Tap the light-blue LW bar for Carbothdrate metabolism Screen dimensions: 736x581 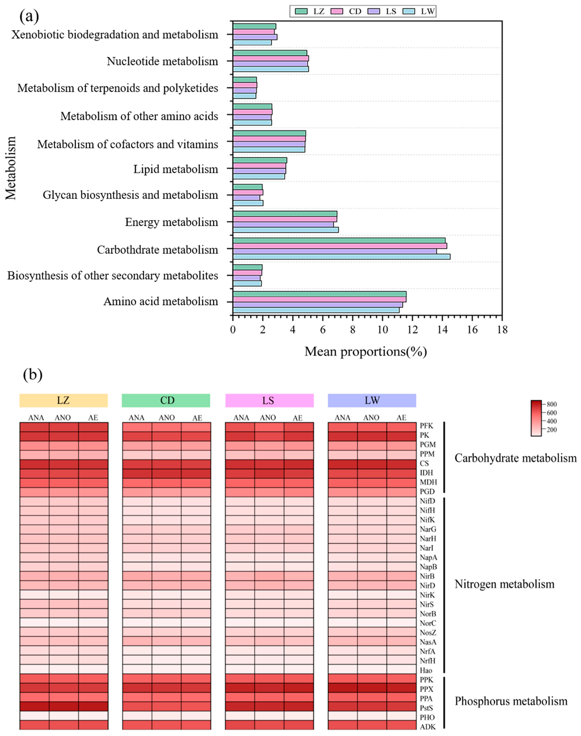point(342,257)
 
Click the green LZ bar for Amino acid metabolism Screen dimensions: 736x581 point(319,294)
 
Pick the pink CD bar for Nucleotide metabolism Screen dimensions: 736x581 point(271,58)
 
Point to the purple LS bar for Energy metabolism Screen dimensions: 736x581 point(283,224)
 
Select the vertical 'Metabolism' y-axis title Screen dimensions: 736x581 point(11,168)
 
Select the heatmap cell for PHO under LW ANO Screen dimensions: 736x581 point(372,717)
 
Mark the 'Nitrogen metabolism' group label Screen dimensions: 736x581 point(504,584)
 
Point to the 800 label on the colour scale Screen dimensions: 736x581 point(552,404)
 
